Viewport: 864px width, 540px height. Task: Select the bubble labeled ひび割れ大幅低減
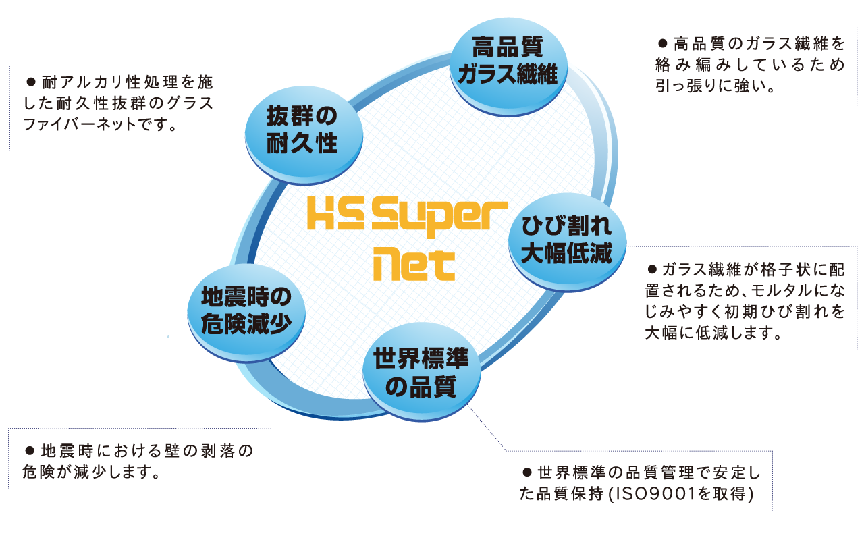[x=566, y=240]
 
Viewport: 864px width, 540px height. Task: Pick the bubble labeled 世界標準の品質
[x=421, y=371]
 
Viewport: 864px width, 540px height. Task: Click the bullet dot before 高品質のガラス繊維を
[x=661, y=44]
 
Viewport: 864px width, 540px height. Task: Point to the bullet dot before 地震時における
[x=29, y=450]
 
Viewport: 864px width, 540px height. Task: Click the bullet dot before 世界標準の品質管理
[x=527, y=470]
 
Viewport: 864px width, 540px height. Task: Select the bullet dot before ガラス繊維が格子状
[x=652, y=269]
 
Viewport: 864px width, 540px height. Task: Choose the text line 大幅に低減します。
[x=713, y=333]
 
